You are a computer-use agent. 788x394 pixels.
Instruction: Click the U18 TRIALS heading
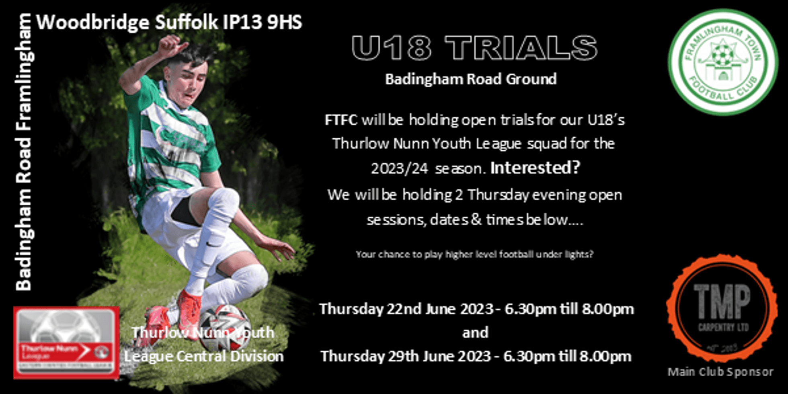click(474, 48)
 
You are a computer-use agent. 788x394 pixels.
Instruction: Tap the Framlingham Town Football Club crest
click(722, 62)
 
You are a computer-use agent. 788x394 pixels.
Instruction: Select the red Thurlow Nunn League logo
click(66, 343)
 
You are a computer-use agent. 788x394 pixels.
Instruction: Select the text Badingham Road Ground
click(471, 79)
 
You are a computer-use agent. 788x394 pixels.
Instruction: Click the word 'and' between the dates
click(475, 333)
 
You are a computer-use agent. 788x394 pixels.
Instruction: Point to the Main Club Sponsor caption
click(720, 372)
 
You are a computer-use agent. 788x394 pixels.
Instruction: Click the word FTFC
click(341, 120)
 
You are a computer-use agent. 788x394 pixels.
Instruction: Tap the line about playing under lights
click(474, 254)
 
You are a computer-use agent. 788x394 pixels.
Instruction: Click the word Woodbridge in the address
click(92, 23)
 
